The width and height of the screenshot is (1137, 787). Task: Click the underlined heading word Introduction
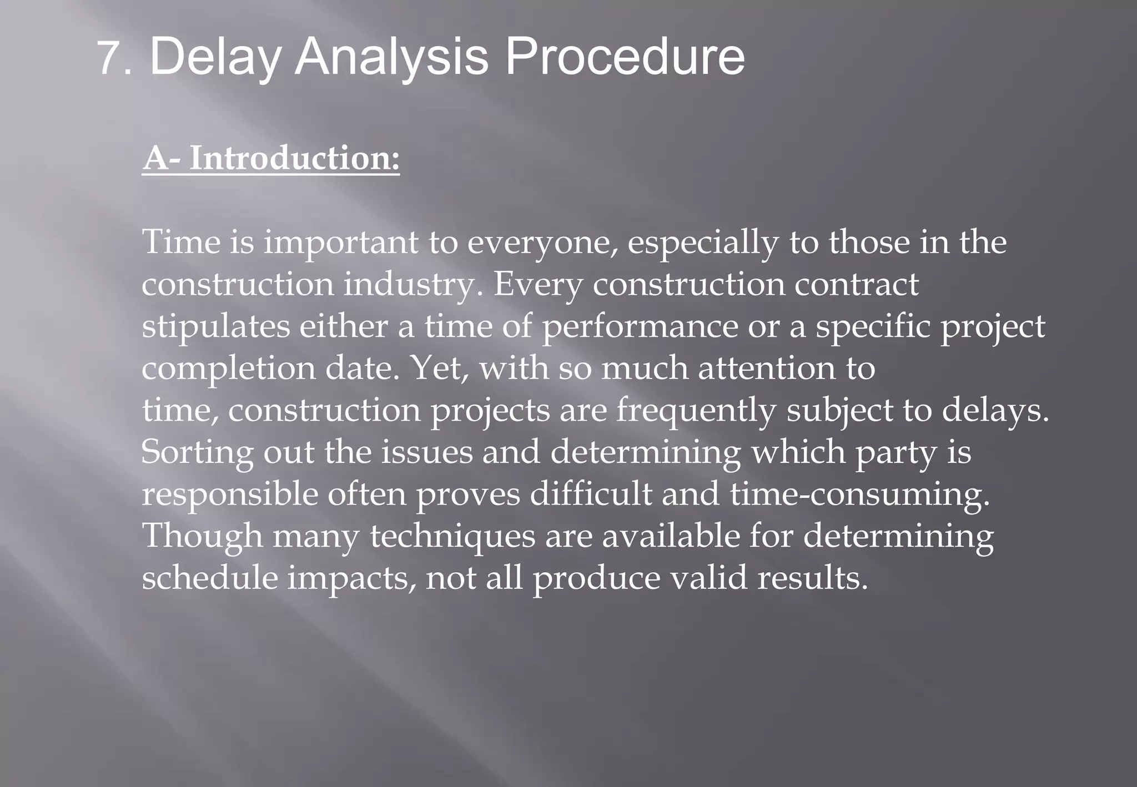pos(294,158)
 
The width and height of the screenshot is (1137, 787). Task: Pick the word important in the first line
pos(340,243)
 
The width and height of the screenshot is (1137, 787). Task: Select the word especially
pos(703,243)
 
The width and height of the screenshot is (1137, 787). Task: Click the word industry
pos(413,285)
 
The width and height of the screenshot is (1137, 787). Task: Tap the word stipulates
pos(215,327)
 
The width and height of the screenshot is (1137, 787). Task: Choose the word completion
pos(228,369)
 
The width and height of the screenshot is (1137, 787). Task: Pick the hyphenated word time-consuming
pos(859,495)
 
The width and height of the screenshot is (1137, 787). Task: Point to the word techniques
pos(452,537)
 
